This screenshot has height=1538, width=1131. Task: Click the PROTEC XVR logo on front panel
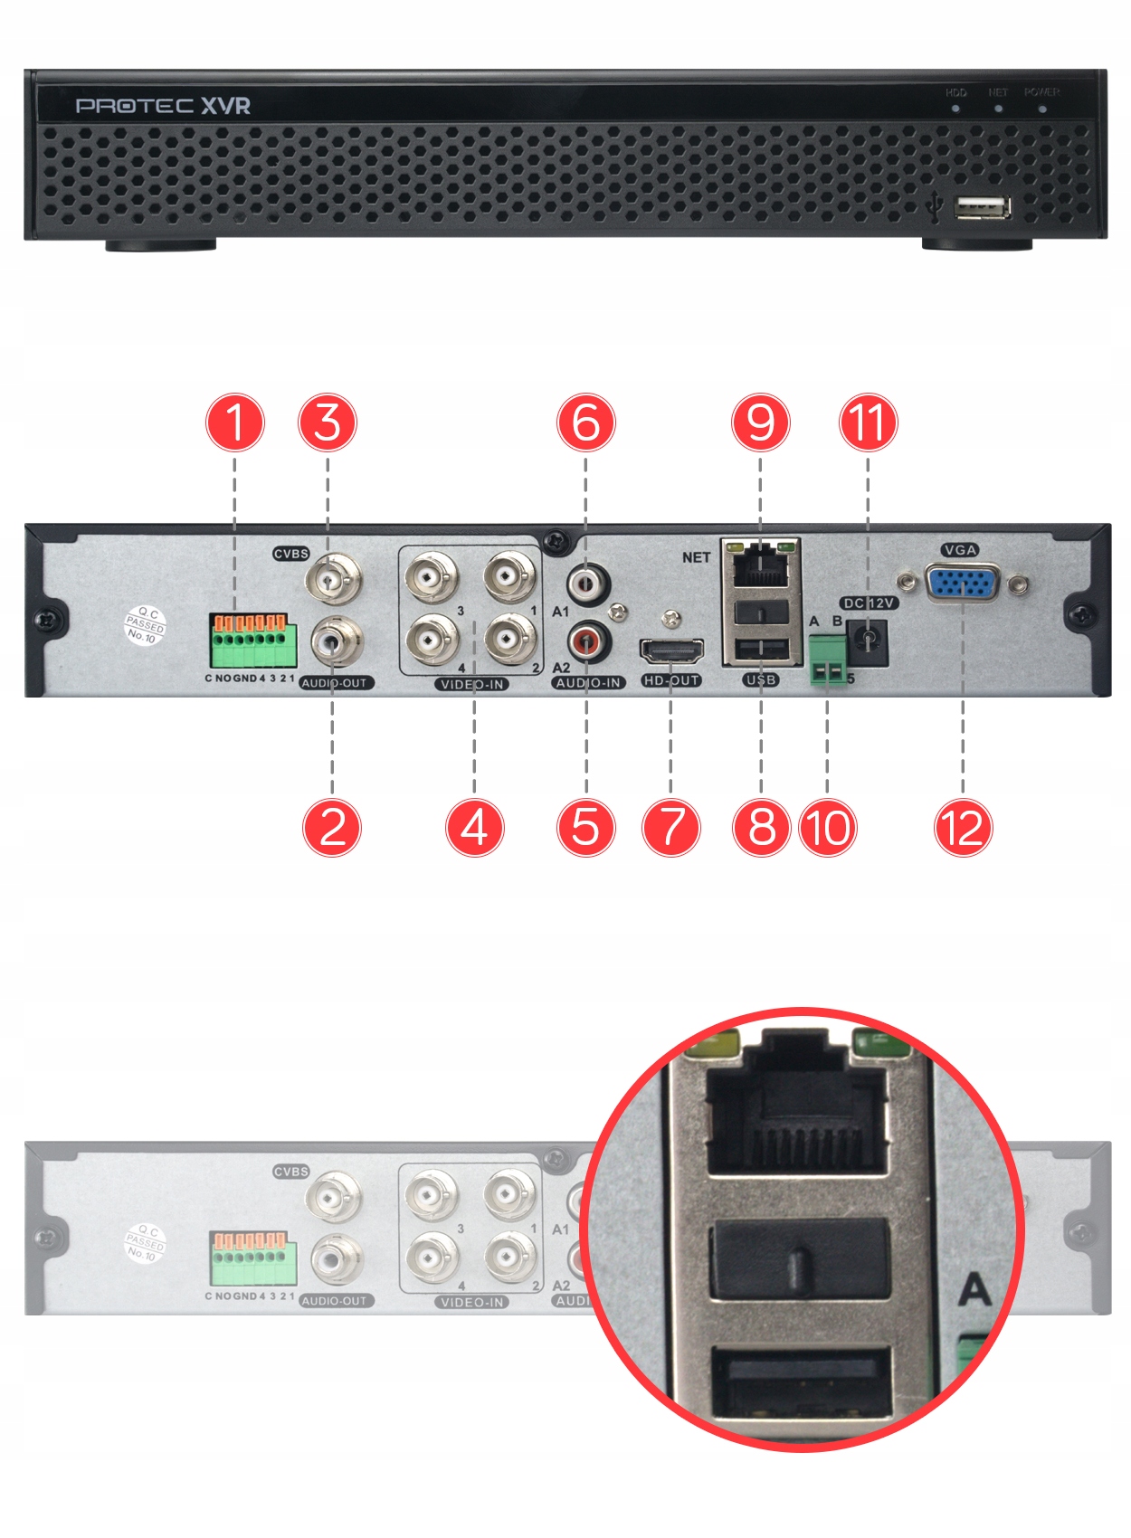tap(163, 106)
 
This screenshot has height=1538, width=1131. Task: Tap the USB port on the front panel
tap(982, 208)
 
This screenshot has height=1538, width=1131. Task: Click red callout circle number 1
tap(235, 422)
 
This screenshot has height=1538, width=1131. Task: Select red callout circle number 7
tap(670, 827)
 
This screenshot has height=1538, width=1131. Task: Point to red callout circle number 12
tap(963, 827)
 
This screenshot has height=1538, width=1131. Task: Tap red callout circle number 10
tap(827, 827)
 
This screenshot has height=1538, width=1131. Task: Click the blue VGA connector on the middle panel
tap(963, 584)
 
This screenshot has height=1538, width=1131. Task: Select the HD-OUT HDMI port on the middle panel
tap(671, 651)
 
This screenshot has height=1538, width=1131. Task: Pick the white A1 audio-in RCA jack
tap(588, 584)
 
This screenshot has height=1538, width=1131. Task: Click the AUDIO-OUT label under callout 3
tap(335, 683)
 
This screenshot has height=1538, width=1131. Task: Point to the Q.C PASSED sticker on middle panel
tap(145, 625)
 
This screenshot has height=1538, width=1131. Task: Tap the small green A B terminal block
tap(828, 660)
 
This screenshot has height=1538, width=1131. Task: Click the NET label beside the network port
tap(696, 557)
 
